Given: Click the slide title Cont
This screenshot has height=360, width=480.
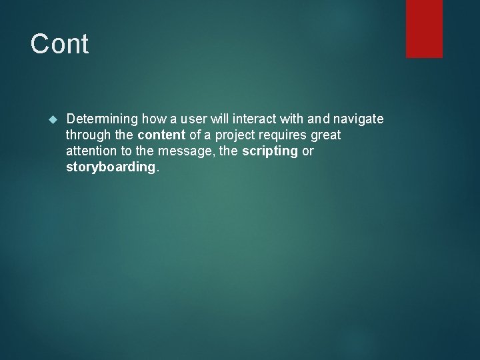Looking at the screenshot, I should (x=59, y=45).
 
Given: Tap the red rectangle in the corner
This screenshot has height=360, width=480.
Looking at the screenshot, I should (x=424, y=28).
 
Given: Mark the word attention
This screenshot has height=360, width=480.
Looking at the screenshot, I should (x=90, y=151).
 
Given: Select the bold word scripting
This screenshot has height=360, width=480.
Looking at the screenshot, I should (x=270, y=151).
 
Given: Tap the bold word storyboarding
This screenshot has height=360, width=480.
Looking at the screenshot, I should (x=111, y=167).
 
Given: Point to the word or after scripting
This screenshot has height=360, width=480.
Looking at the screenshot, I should (x=308, y=151).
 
